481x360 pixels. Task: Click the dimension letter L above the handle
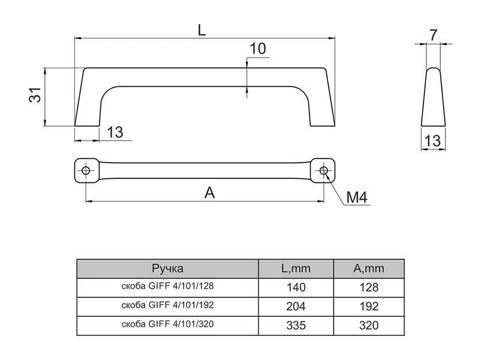pyautogui.click(x=202, y=30)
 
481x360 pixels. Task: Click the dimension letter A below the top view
pyautogui.click(x=209, y=193)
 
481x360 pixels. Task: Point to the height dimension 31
pyautogui.click(x=35, y=95)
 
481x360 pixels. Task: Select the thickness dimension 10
pyautogui.click(x=258, y=49)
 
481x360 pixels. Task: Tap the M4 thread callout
pyautogui.click(x=357, y=197)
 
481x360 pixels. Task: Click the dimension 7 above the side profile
pyautogui.click(x=433, y=35)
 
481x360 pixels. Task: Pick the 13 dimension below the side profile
pyautogui.click(x=432, y=141)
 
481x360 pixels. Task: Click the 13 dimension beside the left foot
pyautogui.click(x=115, y=132)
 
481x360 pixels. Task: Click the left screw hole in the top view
pyautogui.click(x=86, y=170)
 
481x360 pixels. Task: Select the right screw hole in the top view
pyautogui.click(x=323, y=170)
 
